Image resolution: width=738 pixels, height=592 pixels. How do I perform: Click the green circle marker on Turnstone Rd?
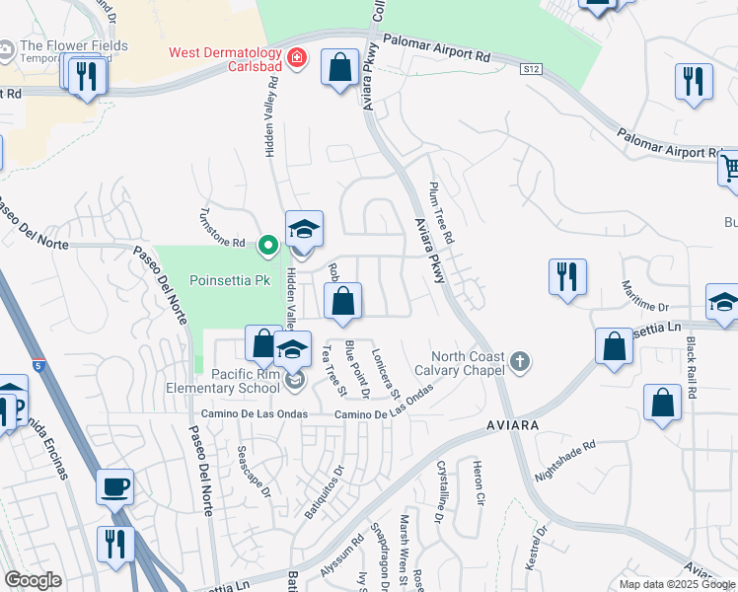[x=266, y=243]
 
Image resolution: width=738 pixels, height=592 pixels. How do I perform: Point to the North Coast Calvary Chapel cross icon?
[x=522, y=362]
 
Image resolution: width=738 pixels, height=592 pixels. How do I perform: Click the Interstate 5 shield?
[x=37, y=366]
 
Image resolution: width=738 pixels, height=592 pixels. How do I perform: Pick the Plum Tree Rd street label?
[x=440, y=213]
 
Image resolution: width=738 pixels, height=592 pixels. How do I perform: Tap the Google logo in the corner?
[x=33, y=580]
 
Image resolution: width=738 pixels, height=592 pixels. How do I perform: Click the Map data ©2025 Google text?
[x=677, y=584]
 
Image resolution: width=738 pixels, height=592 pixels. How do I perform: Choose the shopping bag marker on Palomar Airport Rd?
[x=339, y=69]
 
